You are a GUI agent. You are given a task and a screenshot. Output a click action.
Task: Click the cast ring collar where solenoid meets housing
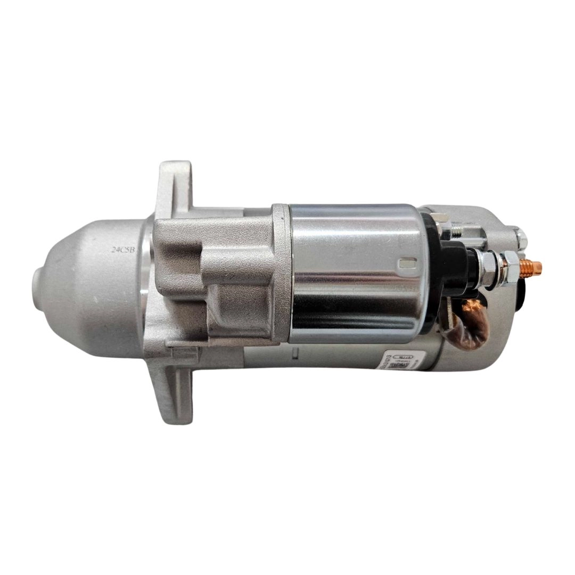click(281, 272)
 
